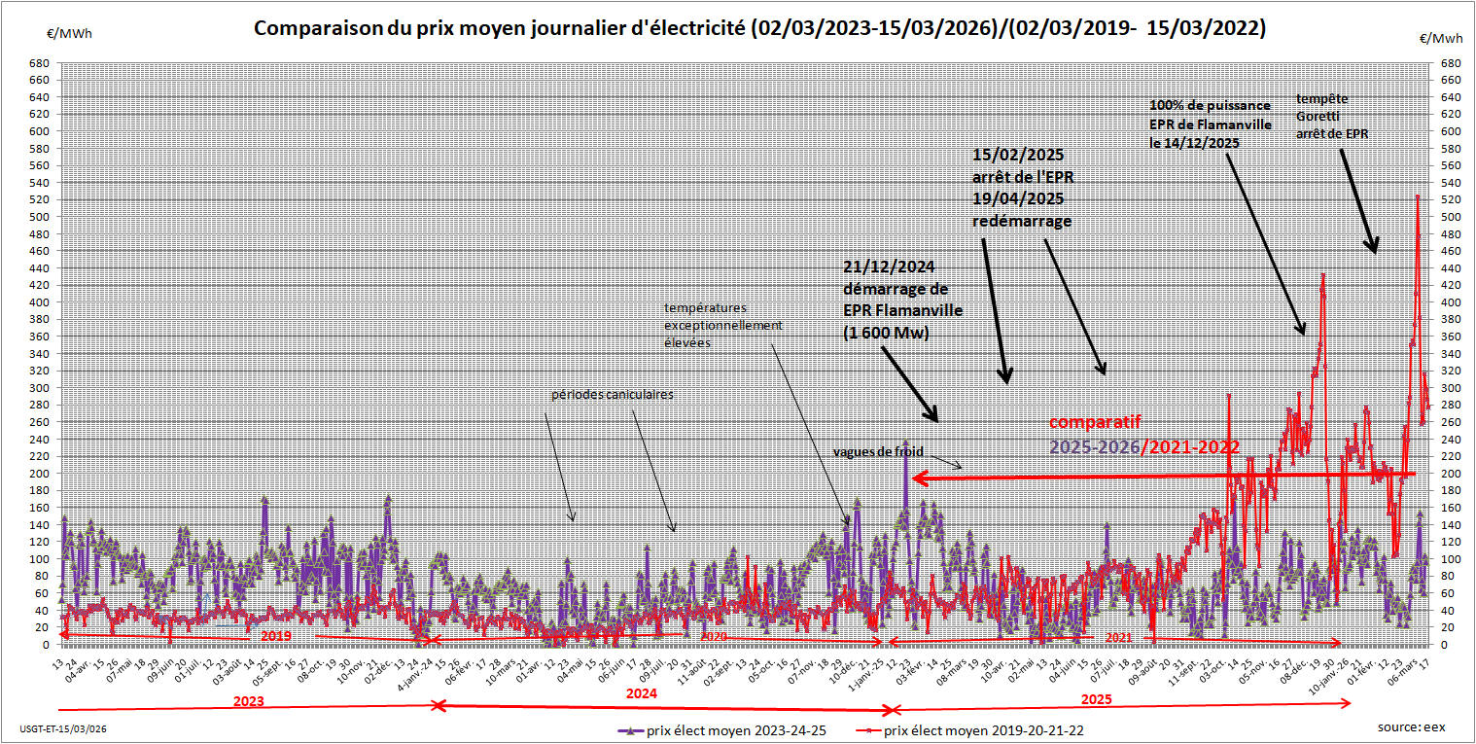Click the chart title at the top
pos(759,28)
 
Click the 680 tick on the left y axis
pos(40,63)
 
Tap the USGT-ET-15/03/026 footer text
pos(63,728)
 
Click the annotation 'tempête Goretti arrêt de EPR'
pos(1332,116)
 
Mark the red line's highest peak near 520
pos(1418,197)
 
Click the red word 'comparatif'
pos(1095,422)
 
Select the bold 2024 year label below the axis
pos(641,693)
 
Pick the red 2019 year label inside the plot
pos(276,634)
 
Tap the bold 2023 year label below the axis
pos(248,699)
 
